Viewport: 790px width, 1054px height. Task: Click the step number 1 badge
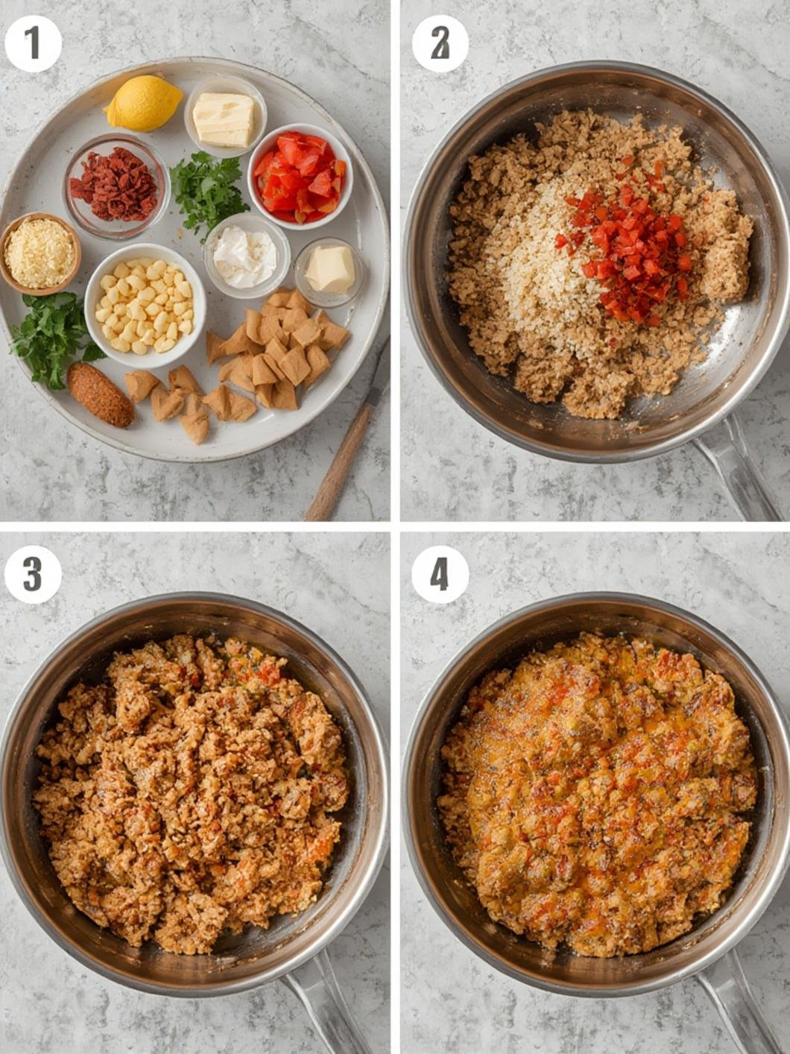pos(33,43)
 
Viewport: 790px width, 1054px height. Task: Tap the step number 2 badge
pos(440,43)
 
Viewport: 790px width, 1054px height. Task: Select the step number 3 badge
pos(33,575)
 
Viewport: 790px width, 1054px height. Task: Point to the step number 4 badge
pos(440,575)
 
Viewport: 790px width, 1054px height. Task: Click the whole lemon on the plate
pos(144,102)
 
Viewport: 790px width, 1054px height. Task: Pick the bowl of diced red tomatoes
pos(300,176)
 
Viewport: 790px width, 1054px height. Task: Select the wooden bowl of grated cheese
pos(40,253)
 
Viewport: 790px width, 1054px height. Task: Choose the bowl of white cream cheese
pos(246,256)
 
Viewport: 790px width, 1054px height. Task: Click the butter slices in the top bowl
pos(224,119)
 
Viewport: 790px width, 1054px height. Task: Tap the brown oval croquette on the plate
pos(101,394)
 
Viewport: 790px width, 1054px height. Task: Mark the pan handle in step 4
pos(734,1006)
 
